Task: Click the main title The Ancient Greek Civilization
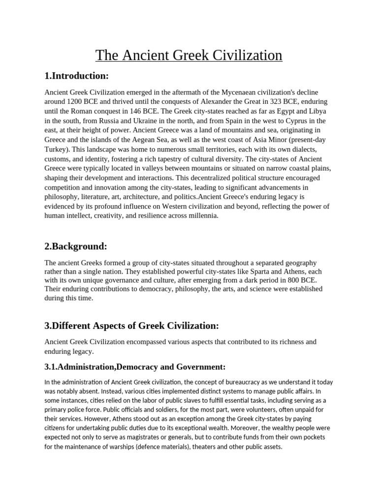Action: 189,55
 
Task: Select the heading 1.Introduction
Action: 76,76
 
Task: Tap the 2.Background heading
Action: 75,246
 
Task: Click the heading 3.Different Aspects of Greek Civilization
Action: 131,326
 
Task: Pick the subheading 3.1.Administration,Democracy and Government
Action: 135,367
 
